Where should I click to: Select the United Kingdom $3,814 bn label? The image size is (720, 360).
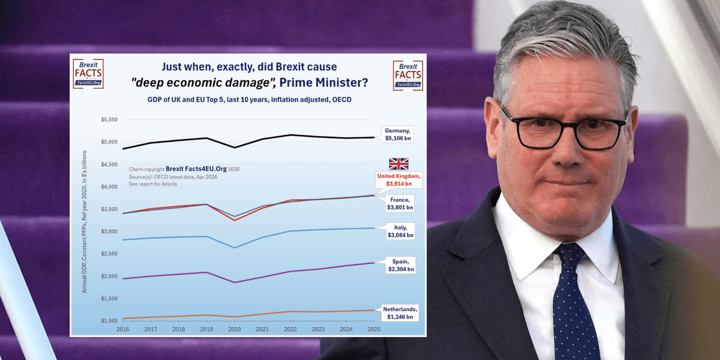coord(398,179)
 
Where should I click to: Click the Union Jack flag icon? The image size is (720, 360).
coord(398,164)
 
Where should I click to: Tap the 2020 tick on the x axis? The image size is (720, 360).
coord(234,329)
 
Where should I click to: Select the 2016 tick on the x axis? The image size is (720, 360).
coord(122,329)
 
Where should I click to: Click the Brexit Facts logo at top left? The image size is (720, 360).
coord(88,74)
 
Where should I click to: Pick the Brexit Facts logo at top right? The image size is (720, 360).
coord(408,76)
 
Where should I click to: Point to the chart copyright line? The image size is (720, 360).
coord(184,170)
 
